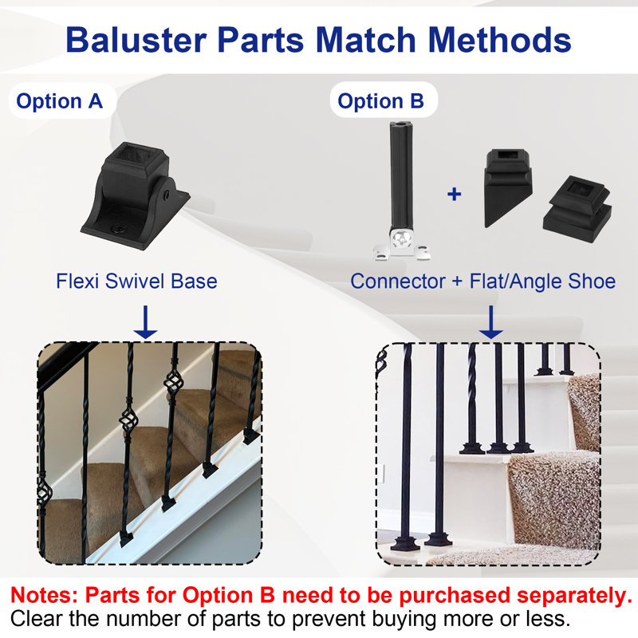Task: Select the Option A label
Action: tap(60, 102)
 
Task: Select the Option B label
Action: tap(380, 102)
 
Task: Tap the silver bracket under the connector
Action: tap(400, 248)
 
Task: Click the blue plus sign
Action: tap(454, 194)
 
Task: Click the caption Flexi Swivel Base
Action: tap(136, 282)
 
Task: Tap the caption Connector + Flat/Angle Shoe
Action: tap(483, 282)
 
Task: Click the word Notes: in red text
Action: tap(44, 596)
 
